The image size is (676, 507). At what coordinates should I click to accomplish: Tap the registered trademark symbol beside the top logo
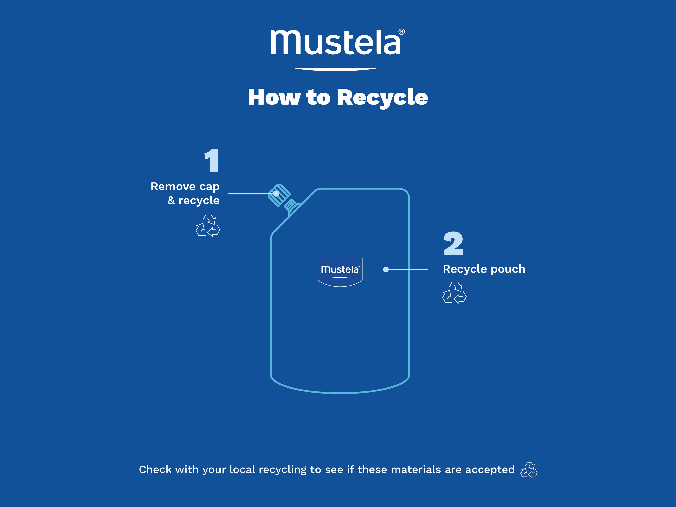[402, 31]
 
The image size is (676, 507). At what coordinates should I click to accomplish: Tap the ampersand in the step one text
[171, 200]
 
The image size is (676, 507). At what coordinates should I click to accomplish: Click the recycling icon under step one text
[208, 226]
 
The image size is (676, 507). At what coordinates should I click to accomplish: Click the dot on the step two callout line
[386, 269]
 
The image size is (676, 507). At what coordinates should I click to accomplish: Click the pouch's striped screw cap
[279, 195]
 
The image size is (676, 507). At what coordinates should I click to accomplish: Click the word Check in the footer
[155, 469]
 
